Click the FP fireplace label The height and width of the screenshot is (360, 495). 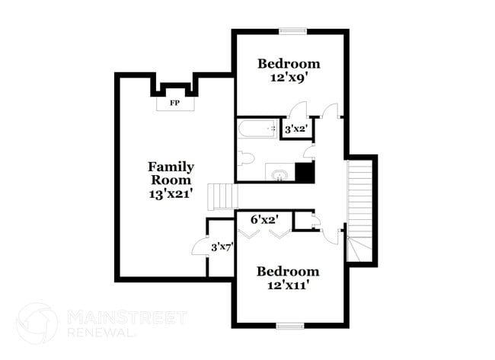pos(174,101)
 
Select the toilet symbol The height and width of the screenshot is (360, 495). pos(244,158)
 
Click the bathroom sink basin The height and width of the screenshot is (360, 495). pos(279,175)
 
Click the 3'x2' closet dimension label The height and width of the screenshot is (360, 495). pos(295,129)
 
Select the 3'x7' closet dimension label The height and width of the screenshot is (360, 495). pos(222,246)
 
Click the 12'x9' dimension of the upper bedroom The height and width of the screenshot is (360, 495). pos(289,78)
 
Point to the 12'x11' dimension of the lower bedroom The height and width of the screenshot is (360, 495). pos(287,286)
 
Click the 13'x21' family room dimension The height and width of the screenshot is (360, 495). pos(171,194)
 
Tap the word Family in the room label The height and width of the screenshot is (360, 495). pos(171,166)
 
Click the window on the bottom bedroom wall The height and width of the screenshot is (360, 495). pos(290,326)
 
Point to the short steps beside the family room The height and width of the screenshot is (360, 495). pos(222,196)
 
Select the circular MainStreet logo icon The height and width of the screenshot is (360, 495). pos(37,323)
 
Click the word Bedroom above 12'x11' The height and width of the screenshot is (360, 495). pos(287,272)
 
